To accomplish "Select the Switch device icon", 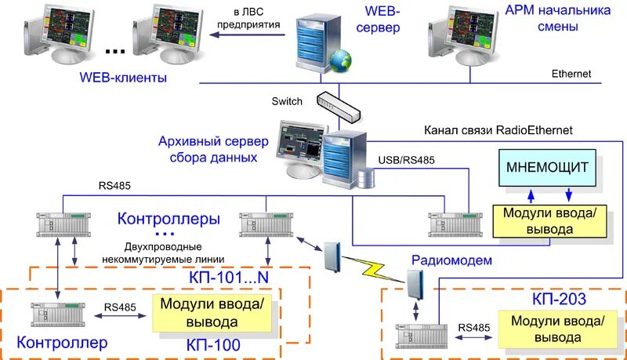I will [339, 105].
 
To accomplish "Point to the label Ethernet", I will [571, 75].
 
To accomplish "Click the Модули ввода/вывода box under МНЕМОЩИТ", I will [549, 222].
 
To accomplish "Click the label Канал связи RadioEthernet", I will [498, 129].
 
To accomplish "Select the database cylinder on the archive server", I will [365, 176].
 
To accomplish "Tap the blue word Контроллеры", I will [168, 217].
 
